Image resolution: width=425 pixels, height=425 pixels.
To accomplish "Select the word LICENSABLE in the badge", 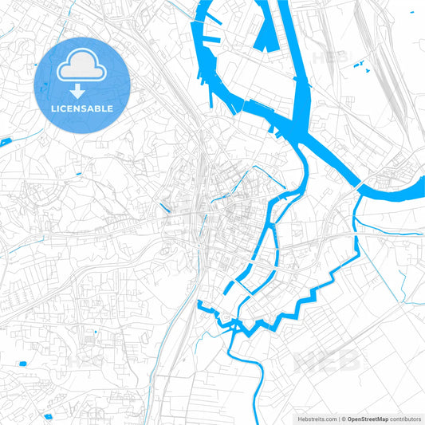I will (83, 108).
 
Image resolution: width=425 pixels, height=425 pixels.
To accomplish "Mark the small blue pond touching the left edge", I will (5, 142).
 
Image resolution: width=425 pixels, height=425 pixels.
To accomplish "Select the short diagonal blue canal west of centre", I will (165, 209).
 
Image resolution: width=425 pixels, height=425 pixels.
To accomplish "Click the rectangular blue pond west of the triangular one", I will (22, 364).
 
